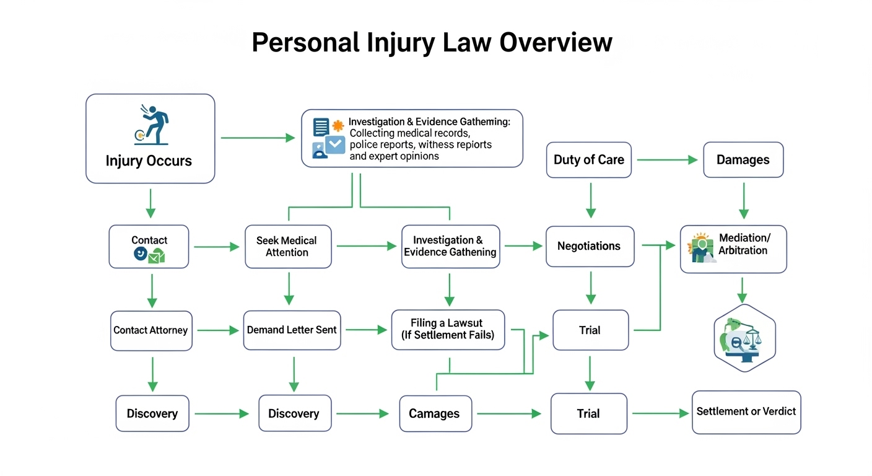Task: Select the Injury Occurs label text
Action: pos(149,161)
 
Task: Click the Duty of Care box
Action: pos(588,160)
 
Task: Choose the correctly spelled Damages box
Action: pos(743,160)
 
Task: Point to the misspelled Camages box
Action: pos(434,414)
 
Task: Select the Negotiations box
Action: pos(589,246)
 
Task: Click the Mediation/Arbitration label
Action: pos(744,244)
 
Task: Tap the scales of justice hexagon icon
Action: pos(744,338)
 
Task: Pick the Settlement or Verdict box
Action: pos(746,412)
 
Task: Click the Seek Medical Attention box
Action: pos(287,246)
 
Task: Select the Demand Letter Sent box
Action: pos(292,330)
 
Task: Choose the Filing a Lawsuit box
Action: pos(448,329)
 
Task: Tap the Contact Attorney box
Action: pos(150,330)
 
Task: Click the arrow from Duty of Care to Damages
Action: pos(667,160)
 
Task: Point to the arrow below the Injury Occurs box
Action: pos(150,203)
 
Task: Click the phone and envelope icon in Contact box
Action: pos(149,255)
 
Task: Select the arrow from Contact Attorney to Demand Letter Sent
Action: pos(218,330)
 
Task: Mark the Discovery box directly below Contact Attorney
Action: pos(152,413)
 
